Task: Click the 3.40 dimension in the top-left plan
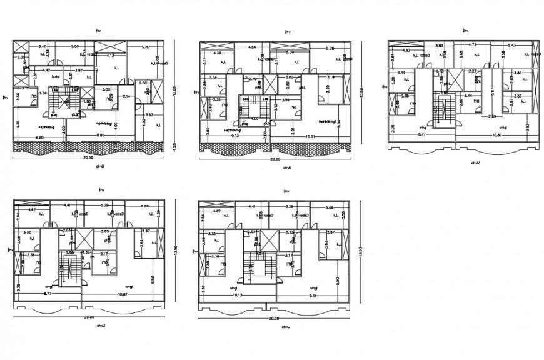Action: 43,47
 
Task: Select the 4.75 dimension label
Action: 144,47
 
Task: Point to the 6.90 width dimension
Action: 39,136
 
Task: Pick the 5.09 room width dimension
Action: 290,52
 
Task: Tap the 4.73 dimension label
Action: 473,45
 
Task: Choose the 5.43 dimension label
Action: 512,45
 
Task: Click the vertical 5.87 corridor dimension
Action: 494,91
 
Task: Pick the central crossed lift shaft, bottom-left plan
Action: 84,240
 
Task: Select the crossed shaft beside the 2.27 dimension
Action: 455,79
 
